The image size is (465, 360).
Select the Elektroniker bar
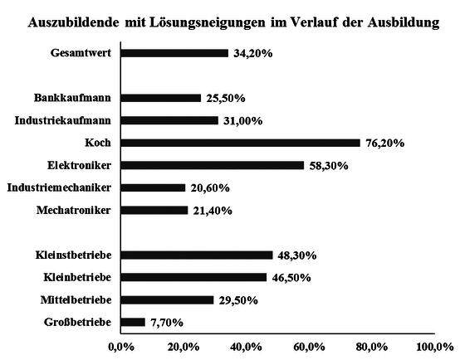[212, 165]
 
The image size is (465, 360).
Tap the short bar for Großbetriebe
[133, 322]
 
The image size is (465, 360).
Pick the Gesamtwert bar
[174, 53]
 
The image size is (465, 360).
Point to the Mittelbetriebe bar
[167, 299]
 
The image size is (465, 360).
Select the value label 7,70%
[167, 322]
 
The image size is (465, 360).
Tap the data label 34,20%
[252, 53]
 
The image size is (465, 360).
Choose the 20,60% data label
[210, 187]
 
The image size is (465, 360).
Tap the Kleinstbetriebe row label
[74, 255]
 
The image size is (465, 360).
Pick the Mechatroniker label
[74, 210]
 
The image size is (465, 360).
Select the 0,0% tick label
[120, 345]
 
